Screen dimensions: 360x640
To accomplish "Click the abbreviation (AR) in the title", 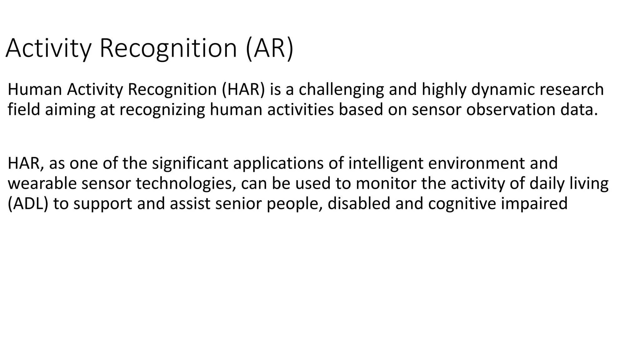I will (269, 48).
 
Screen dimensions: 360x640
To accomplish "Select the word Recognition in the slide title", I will (168, 48).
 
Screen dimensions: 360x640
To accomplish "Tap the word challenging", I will (341, 89).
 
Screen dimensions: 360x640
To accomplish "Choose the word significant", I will (190, 163).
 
